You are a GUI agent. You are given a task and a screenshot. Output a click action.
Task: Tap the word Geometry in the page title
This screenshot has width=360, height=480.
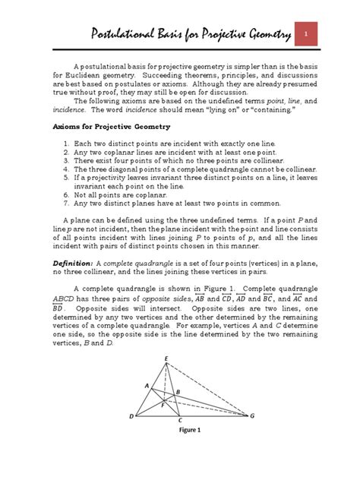tap(254, 35)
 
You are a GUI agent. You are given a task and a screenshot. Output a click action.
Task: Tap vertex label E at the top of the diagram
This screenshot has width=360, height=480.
tap(167, 358)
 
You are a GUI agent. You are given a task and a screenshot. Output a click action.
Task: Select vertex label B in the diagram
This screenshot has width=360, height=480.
tap(178, 391)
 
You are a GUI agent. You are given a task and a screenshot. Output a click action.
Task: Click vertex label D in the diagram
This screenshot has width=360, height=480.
tap(131, 417)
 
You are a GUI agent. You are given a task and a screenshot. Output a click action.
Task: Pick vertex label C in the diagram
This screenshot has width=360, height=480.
tap(179, 420)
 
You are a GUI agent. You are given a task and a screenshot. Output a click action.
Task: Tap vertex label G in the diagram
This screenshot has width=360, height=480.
tap(252, 416)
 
